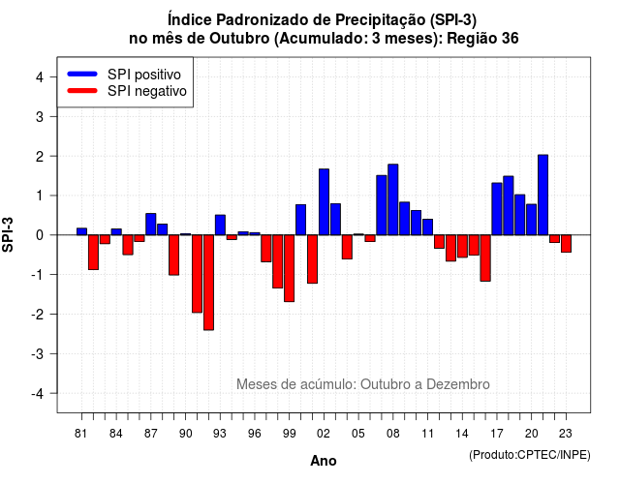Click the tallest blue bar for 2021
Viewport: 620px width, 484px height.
542,195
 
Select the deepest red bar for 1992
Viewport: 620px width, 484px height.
208,283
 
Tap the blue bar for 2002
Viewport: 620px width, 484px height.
324,202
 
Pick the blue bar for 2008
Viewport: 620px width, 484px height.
393,199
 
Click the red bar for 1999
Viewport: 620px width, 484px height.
289,268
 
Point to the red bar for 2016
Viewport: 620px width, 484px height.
485,258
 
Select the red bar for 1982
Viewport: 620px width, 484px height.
93,253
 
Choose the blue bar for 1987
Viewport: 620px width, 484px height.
151,224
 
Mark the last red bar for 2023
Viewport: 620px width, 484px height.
566,243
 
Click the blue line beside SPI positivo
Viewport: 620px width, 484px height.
82,74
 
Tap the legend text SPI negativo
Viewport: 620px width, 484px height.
147,91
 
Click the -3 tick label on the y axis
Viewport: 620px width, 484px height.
38,354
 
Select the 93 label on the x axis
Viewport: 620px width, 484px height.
220,434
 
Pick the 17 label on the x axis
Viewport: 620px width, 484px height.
497,434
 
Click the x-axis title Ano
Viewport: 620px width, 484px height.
323,461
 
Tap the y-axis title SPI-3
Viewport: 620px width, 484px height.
8,234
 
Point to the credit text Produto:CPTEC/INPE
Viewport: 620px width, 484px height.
530,455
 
